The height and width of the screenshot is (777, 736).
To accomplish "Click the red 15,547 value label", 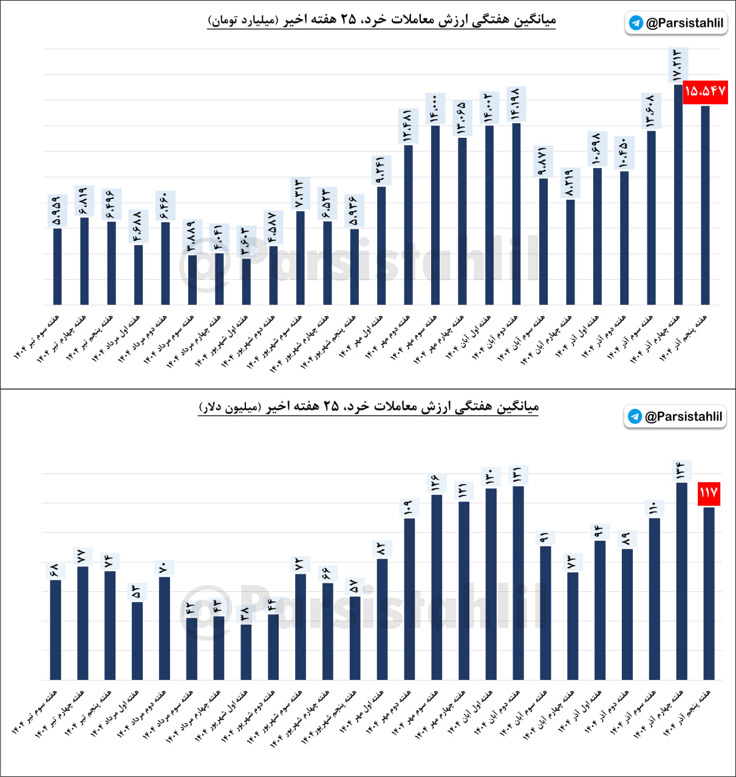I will pos(705,92).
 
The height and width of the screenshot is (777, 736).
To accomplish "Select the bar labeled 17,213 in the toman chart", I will pos(678,194).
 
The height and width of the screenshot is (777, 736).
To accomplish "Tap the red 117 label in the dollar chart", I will pos(709,492).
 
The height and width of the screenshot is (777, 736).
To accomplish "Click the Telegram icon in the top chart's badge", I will pos(636,23).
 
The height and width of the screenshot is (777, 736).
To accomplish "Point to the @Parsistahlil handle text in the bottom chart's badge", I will pos(683,416).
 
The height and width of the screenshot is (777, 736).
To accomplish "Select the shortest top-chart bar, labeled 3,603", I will pos(246,282).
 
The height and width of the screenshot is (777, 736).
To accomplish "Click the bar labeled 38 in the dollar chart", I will pos(246,652).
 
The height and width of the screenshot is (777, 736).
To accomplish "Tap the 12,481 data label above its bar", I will pos(407,126).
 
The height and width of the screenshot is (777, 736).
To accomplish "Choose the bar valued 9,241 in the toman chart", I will pos(381,245).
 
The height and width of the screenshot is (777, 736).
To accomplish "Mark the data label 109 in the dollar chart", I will pos(409,507).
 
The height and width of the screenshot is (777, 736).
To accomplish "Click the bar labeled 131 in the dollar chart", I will pos(518,583).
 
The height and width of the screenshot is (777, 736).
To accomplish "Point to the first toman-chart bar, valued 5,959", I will pos(57,266).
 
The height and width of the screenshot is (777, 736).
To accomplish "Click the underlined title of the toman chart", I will pos(382,20).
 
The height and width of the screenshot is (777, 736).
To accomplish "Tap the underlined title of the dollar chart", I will pos(369,407).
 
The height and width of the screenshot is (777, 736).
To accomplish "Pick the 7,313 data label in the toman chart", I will pos(300,194).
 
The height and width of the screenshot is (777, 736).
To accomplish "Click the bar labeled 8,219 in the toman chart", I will pos(570,252).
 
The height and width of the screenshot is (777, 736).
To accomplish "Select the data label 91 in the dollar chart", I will pos(545,537).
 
